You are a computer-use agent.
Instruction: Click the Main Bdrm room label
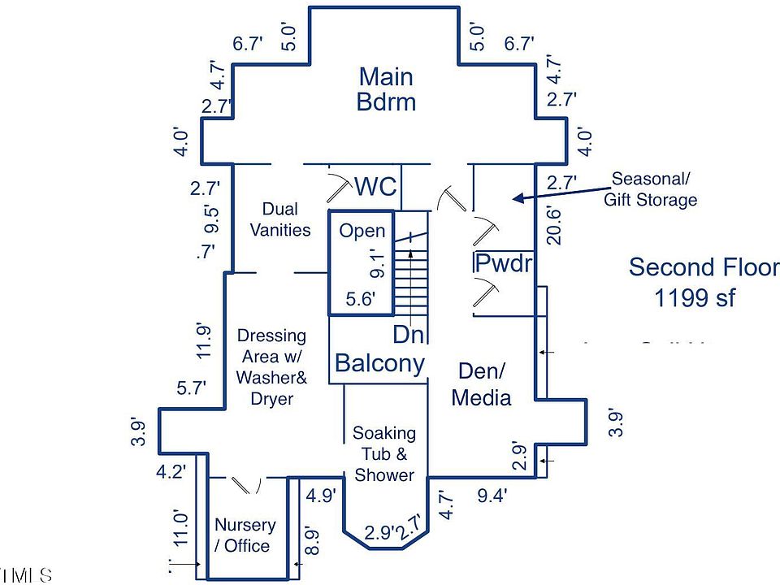point(386,89)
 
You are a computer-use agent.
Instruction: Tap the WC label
point(376,187)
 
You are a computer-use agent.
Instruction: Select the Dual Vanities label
point(279,220)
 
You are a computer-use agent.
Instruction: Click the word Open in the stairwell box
point(362,232)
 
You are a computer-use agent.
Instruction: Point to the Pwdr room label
point(503,263)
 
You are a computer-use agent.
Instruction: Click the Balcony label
point(379,363)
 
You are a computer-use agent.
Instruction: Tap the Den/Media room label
point(481,384)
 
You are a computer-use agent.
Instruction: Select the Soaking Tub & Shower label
point(384,454)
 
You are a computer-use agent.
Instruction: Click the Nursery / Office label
point(245,535)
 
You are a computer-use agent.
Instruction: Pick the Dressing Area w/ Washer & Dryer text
point(271,367)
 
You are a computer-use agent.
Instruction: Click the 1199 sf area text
point(695,298)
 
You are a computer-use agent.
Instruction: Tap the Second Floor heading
point(704,267)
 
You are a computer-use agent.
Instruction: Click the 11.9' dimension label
point(204,341)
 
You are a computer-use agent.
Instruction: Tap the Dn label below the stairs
point(409,334)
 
